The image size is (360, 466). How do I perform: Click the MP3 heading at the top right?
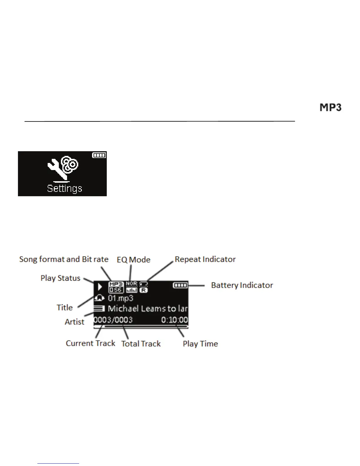tap(331, 107)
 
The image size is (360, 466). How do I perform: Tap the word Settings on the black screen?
tap(64, 189)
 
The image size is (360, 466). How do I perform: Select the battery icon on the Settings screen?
tap(99, 155)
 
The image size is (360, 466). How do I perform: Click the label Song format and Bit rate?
tap(64, 259)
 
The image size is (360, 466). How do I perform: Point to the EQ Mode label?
tap(134, 260)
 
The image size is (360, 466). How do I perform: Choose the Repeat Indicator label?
tap(205, 259)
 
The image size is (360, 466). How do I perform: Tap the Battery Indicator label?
tap(242, 285)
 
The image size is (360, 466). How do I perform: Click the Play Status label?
tap(60, 278)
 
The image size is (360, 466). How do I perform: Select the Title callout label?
tap(65, 307)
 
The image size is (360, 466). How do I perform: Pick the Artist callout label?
tap(74, 322)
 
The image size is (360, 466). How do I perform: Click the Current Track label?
tap(90, 343)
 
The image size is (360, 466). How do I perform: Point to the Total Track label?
tap(141, 344)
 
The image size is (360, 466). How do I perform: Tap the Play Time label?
tap(200, 344)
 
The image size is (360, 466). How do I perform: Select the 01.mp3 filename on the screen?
tap(121, 298)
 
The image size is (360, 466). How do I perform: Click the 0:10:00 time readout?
tap(174, 320)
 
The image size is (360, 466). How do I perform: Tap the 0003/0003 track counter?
tap(113, 320)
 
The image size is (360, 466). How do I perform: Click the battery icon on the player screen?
tap(180, 285)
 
